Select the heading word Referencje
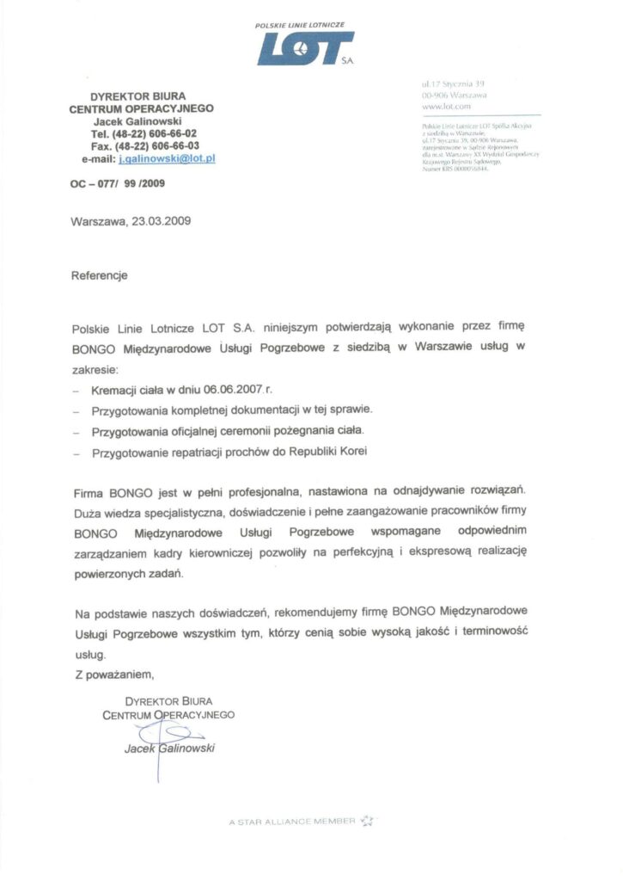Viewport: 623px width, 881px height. (100, 276)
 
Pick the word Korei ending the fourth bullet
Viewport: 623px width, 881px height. (357, 452)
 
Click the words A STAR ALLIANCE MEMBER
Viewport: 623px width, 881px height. (292, 822)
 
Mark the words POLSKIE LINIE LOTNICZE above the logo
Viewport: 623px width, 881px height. (300, 27)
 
